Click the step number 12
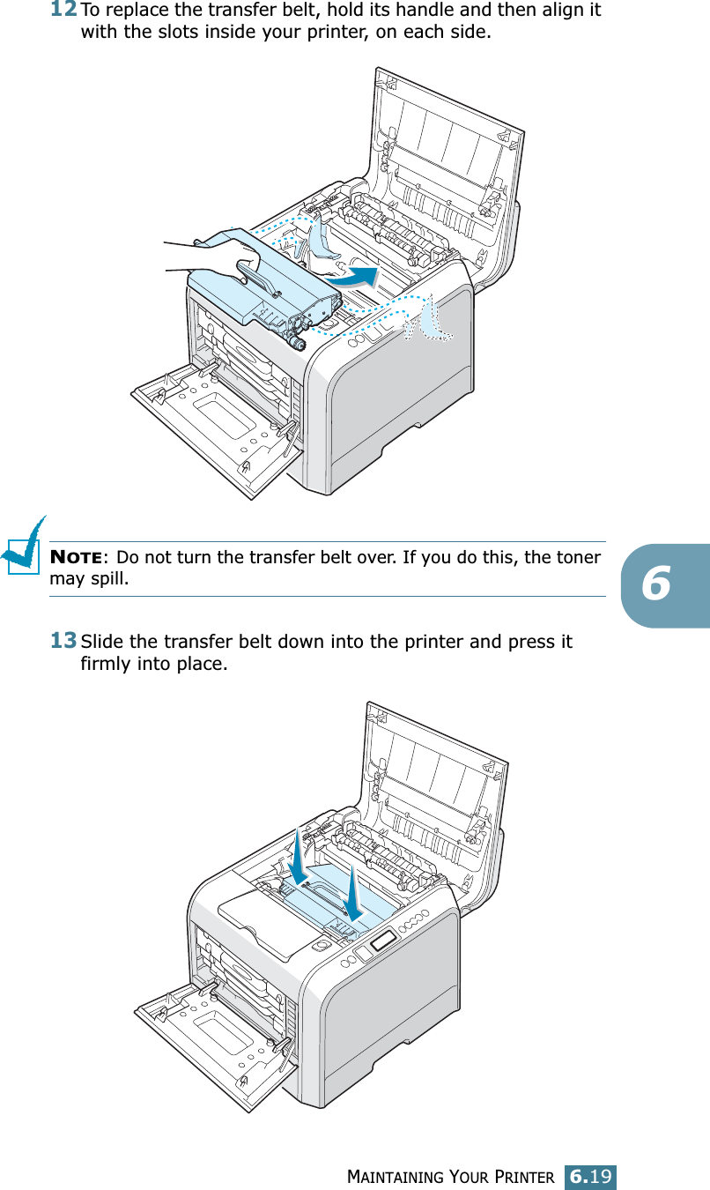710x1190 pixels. click(63, 11)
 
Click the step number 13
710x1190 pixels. click(63, 640)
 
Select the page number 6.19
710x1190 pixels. click(591, 1176)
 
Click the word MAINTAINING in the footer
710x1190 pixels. click(397, 1177)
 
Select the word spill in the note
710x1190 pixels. click(109, 579)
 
